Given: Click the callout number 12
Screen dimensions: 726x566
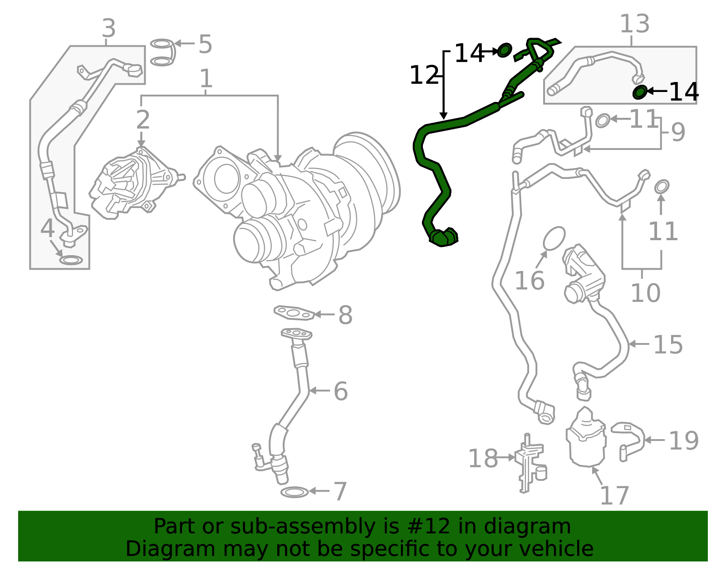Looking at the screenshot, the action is click(424, 75).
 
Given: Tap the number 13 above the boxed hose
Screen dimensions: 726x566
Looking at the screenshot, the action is click(634, 24).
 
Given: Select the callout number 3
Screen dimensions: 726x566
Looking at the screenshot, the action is click(109, 29).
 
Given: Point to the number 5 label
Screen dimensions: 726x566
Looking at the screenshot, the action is click(205, 44).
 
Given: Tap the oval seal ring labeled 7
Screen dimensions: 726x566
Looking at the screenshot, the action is click(294, 492).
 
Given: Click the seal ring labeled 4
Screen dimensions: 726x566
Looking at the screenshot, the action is click(71, 260).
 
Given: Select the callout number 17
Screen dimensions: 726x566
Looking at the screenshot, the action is click(614, 496).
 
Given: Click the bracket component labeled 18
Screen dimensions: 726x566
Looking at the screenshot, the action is click(530, 463).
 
